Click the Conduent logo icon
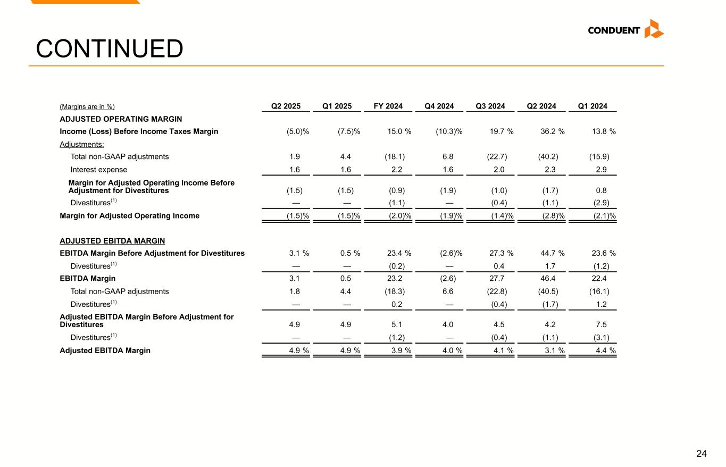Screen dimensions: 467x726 pos(654,29)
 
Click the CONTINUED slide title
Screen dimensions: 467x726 pos(110,49)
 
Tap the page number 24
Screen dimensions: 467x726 pos(702,454)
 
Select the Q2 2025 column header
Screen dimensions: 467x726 pos(286,106)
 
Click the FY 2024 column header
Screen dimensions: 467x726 pos(388,106)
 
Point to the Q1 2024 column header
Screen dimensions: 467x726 pos(593,106)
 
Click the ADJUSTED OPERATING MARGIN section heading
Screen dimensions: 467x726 pos(121,119)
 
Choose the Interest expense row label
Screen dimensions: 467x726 pos(99,170)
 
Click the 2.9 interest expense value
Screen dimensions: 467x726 pos(604,170)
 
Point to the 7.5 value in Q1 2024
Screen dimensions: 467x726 pos(604,324)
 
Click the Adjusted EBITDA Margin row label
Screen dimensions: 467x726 pos(105,351)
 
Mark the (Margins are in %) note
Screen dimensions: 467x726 pos(87,107)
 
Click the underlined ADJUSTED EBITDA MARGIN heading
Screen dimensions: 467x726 pos(112,240)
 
